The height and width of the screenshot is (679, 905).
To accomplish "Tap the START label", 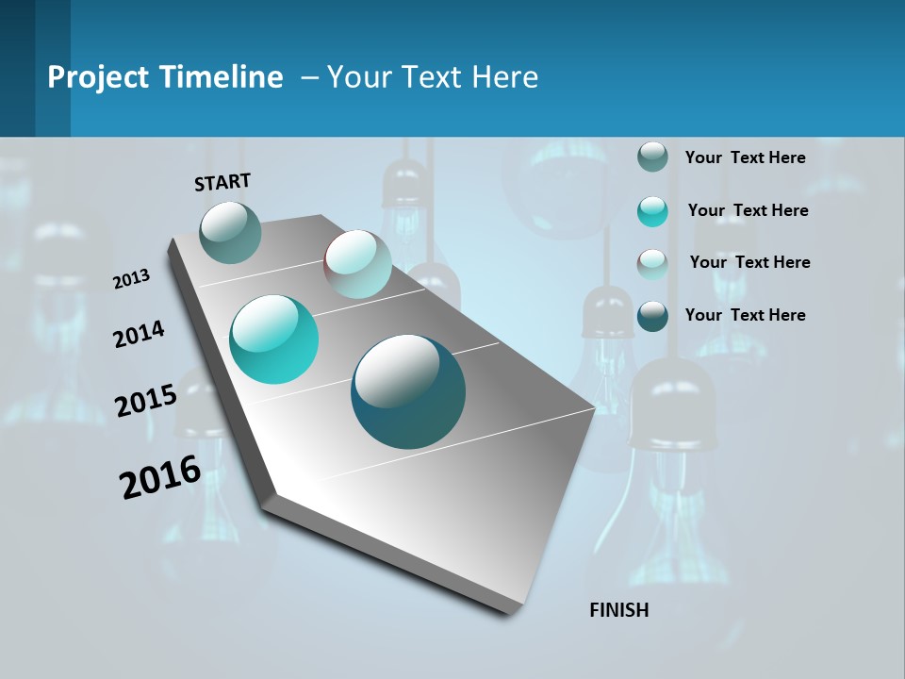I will click(222, 182).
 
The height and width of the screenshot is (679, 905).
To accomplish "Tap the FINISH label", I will click(618, 610).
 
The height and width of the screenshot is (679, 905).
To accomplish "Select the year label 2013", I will click(131, 279).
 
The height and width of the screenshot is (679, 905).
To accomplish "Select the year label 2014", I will click(139, 335).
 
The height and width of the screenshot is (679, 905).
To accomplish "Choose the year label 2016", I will click(160, 477).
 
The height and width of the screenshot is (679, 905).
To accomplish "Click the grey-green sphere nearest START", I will click(230, 232).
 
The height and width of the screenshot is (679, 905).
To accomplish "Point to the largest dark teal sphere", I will click(407, 391).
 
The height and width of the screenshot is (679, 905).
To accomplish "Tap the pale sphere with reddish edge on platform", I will click(357, 264).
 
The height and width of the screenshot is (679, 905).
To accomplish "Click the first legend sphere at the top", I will click(652, 157).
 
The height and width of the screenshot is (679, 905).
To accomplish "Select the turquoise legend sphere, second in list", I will click(652, 210).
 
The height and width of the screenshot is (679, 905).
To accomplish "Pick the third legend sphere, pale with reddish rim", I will click(652, 263).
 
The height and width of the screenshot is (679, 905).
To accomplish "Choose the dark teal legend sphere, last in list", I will click(652, 315).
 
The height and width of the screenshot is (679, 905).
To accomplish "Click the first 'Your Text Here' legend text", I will click(745, 157).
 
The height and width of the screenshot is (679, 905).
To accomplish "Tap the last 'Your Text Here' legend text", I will click(745, 315).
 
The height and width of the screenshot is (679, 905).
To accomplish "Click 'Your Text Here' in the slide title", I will click(433, 77).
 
